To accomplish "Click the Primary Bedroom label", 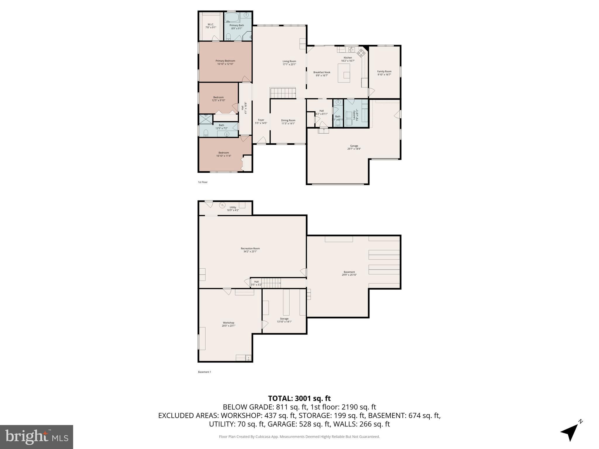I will (225, 62).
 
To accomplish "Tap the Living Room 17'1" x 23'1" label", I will (289, 63).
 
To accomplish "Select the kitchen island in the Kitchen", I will (344, 73).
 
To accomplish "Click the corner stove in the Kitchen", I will (362, 53).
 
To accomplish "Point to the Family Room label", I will (384, 73).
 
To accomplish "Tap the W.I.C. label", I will (211, 26).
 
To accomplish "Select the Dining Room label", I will (288, 122).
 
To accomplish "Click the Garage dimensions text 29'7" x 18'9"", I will (354, 149).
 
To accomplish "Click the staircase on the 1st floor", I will (283, 93).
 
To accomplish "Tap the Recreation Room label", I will (250, 250).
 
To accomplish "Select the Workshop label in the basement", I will (228, 324).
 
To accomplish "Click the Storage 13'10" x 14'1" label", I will (284, 320).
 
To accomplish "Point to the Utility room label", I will (233, 208).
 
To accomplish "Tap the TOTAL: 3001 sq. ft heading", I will (299, 398).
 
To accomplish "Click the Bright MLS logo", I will (37, 437).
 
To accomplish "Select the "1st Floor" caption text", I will (203, 182).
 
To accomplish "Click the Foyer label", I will (261, 121).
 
